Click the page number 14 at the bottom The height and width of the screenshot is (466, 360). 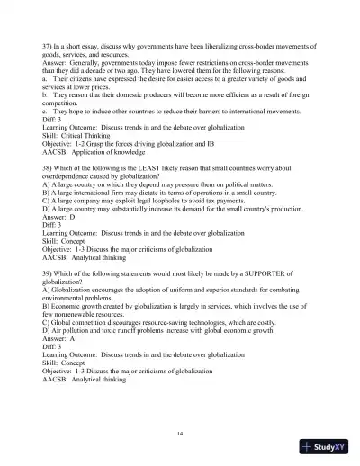(180, 434)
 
